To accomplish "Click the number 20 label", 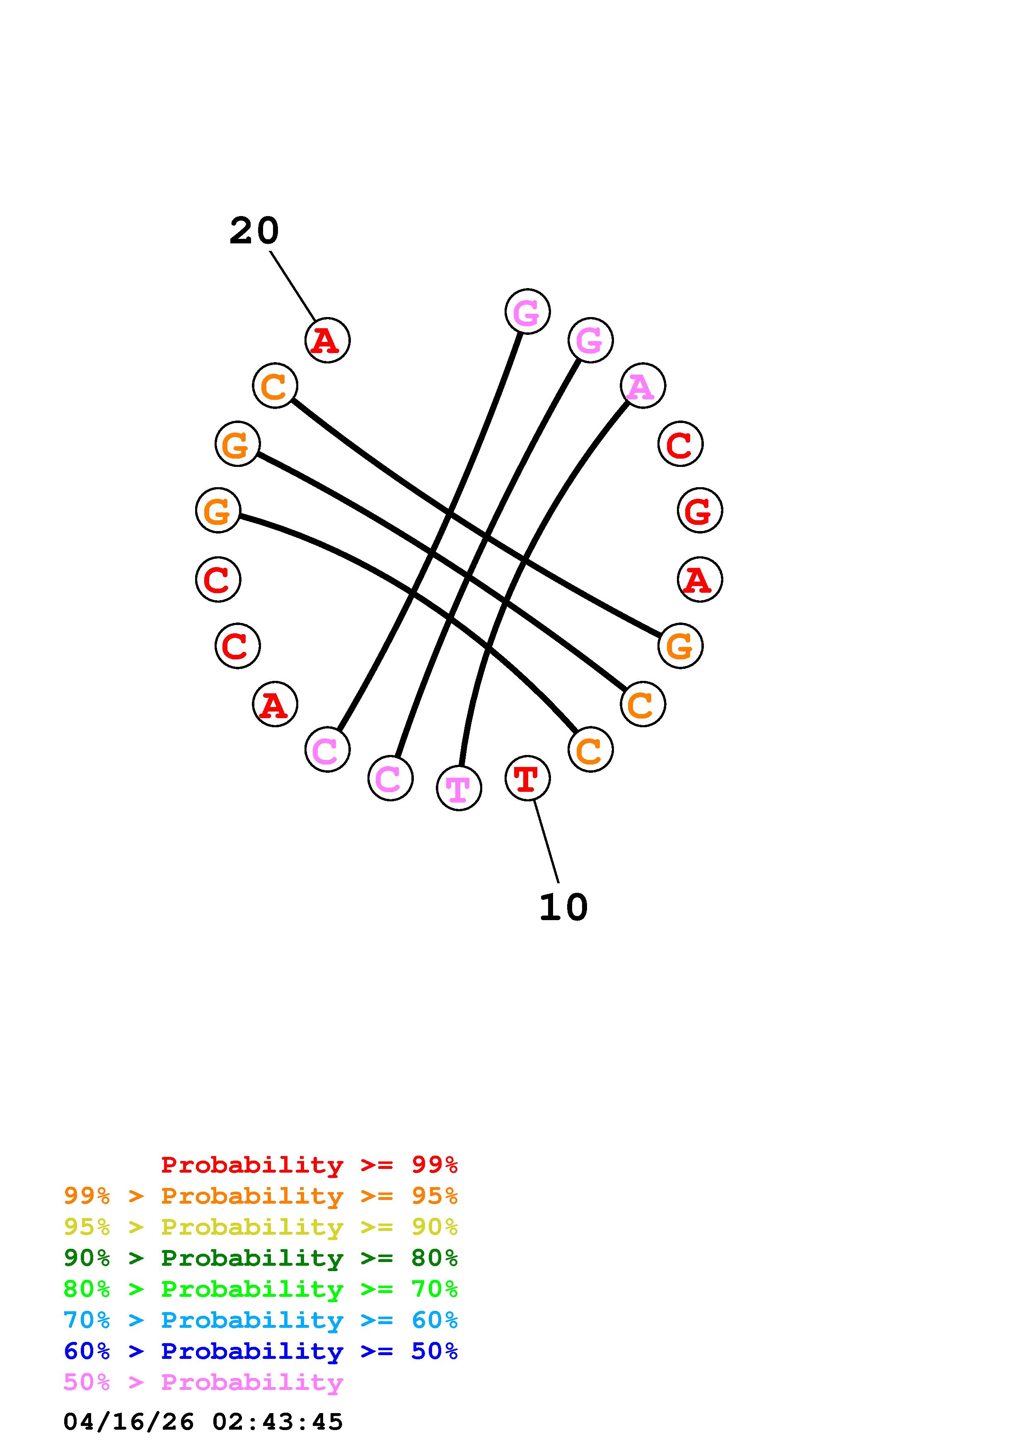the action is [254, 231].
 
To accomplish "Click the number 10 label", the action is [563, 907].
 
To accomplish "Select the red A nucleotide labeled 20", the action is [327, 340].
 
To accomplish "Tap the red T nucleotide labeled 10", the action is [527, 778].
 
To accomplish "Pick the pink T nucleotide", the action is [459, 788].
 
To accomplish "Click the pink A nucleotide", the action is [642, 386].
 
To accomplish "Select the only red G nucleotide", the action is [700, 510].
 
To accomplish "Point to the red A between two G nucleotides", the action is [700, 579].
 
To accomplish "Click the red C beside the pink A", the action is [680, 444].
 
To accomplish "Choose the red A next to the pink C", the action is [275, 704].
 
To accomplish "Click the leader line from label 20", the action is [292, 286].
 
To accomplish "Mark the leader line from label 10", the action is [546, 841].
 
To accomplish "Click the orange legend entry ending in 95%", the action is [261, 1196].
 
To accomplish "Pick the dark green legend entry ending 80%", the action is [261, 1258].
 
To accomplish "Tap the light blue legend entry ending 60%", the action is [261, 1320].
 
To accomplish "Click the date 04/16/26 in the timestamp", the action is [128, 1422].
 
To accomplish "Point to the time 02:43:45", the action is [277, 1422].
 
